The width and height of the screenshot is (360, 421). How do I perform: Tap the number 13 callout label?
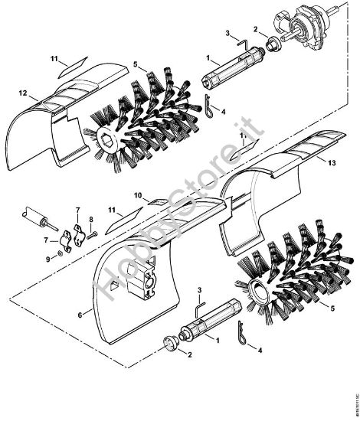pos(331,162)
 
